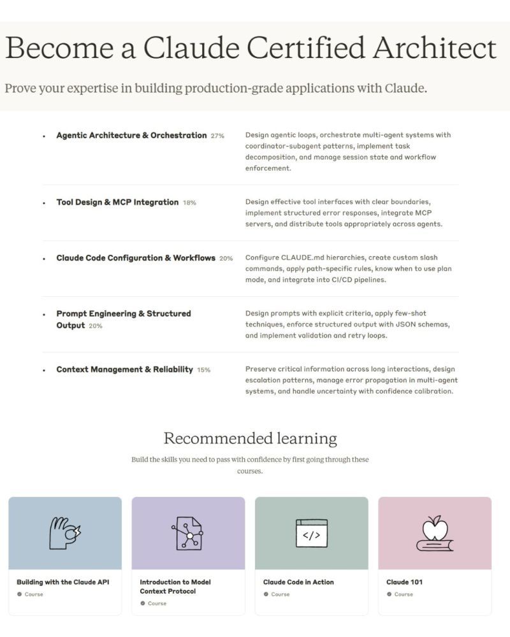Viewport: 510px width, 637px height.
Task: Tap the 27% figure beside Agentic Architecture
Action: click(217, 136)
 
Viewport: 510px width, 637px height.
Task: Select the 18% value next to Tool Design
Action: click(189, 203)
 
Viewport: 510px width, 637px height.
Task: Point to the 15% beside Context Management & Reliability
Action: click(203, 370)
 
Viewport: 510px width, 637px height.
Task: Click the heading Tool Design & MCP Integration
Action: click(117, 202)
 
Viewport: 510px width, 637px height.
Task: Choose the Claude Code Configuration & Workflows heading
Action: click(136, 258)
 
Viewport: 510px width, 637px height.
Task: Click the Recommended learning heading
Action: click(250, 438)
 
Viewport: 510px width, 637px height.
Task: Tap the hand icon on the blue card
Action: click(65, 533)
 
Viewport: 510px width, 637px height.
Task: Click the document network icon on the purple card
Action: click(188, 533)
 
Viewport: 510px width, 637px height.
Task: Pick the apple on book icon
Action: click(435, 533)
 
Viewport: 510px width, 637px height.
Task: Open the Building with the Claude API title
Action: click(63, 582)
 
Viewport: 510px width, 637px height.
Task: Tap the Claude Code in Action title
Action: click(298, 582)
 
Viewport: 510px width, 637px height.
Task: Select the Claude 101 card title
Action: click(404, 582)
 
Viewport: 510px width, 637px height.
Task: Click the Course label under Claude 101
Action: click(404, 594)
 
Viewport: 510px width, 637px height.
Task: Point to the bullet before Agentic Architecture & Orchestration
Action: click(44, 136)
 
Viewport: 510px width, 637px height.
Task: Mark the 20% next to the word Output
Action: click(96, 326)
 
